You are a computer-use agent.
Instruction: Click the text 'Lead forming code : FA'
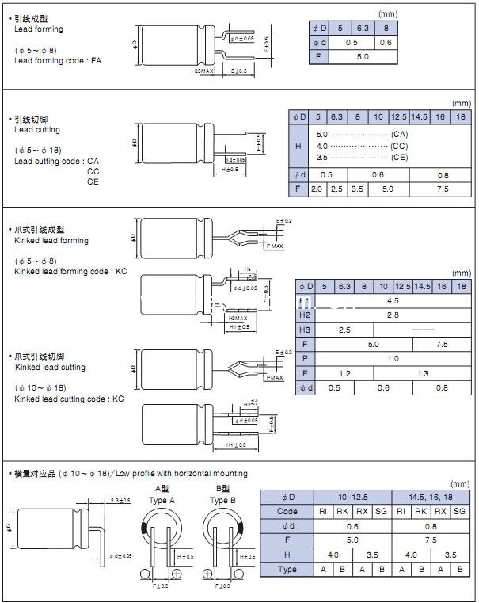[58, 60]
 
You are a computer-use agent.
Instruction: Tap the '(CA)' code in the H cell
[400, 135]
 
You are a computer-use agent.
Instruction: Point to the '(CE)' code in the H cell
[400, 158]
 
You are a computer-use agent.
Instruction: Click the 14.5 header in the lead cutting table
[419, 116]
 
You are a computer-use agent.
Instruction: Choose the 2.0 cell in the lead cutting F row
[317, 189]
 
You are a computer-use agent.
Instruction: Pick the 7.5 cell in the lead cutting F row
[442, 189]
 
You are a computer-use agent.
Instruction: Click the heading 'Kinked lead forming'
[51, 241]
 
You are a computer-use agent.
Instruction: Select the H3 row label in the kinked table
[306, 330]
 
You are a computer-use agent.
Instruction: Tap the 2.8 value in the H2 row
[393, 315]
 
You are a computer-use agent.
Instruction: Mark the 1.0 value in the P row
[393, 359]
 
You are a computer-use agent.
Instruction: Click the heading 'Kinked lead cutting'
[50, 368]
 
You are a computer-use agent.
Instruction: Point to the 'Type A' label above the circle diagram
[162, 500]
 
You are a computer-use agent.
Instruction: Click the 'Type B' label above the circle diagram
[222, 500]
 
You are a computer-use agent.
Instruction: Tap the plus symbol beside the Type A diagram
[176, 573]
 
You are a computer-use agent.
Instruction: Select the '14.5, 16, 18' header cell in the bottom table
[432, 497]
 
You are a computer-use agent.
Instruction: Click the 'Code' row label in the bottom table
[287, 511]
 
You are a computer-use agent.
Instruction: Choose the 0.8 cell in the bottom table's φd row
[432, 526]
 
